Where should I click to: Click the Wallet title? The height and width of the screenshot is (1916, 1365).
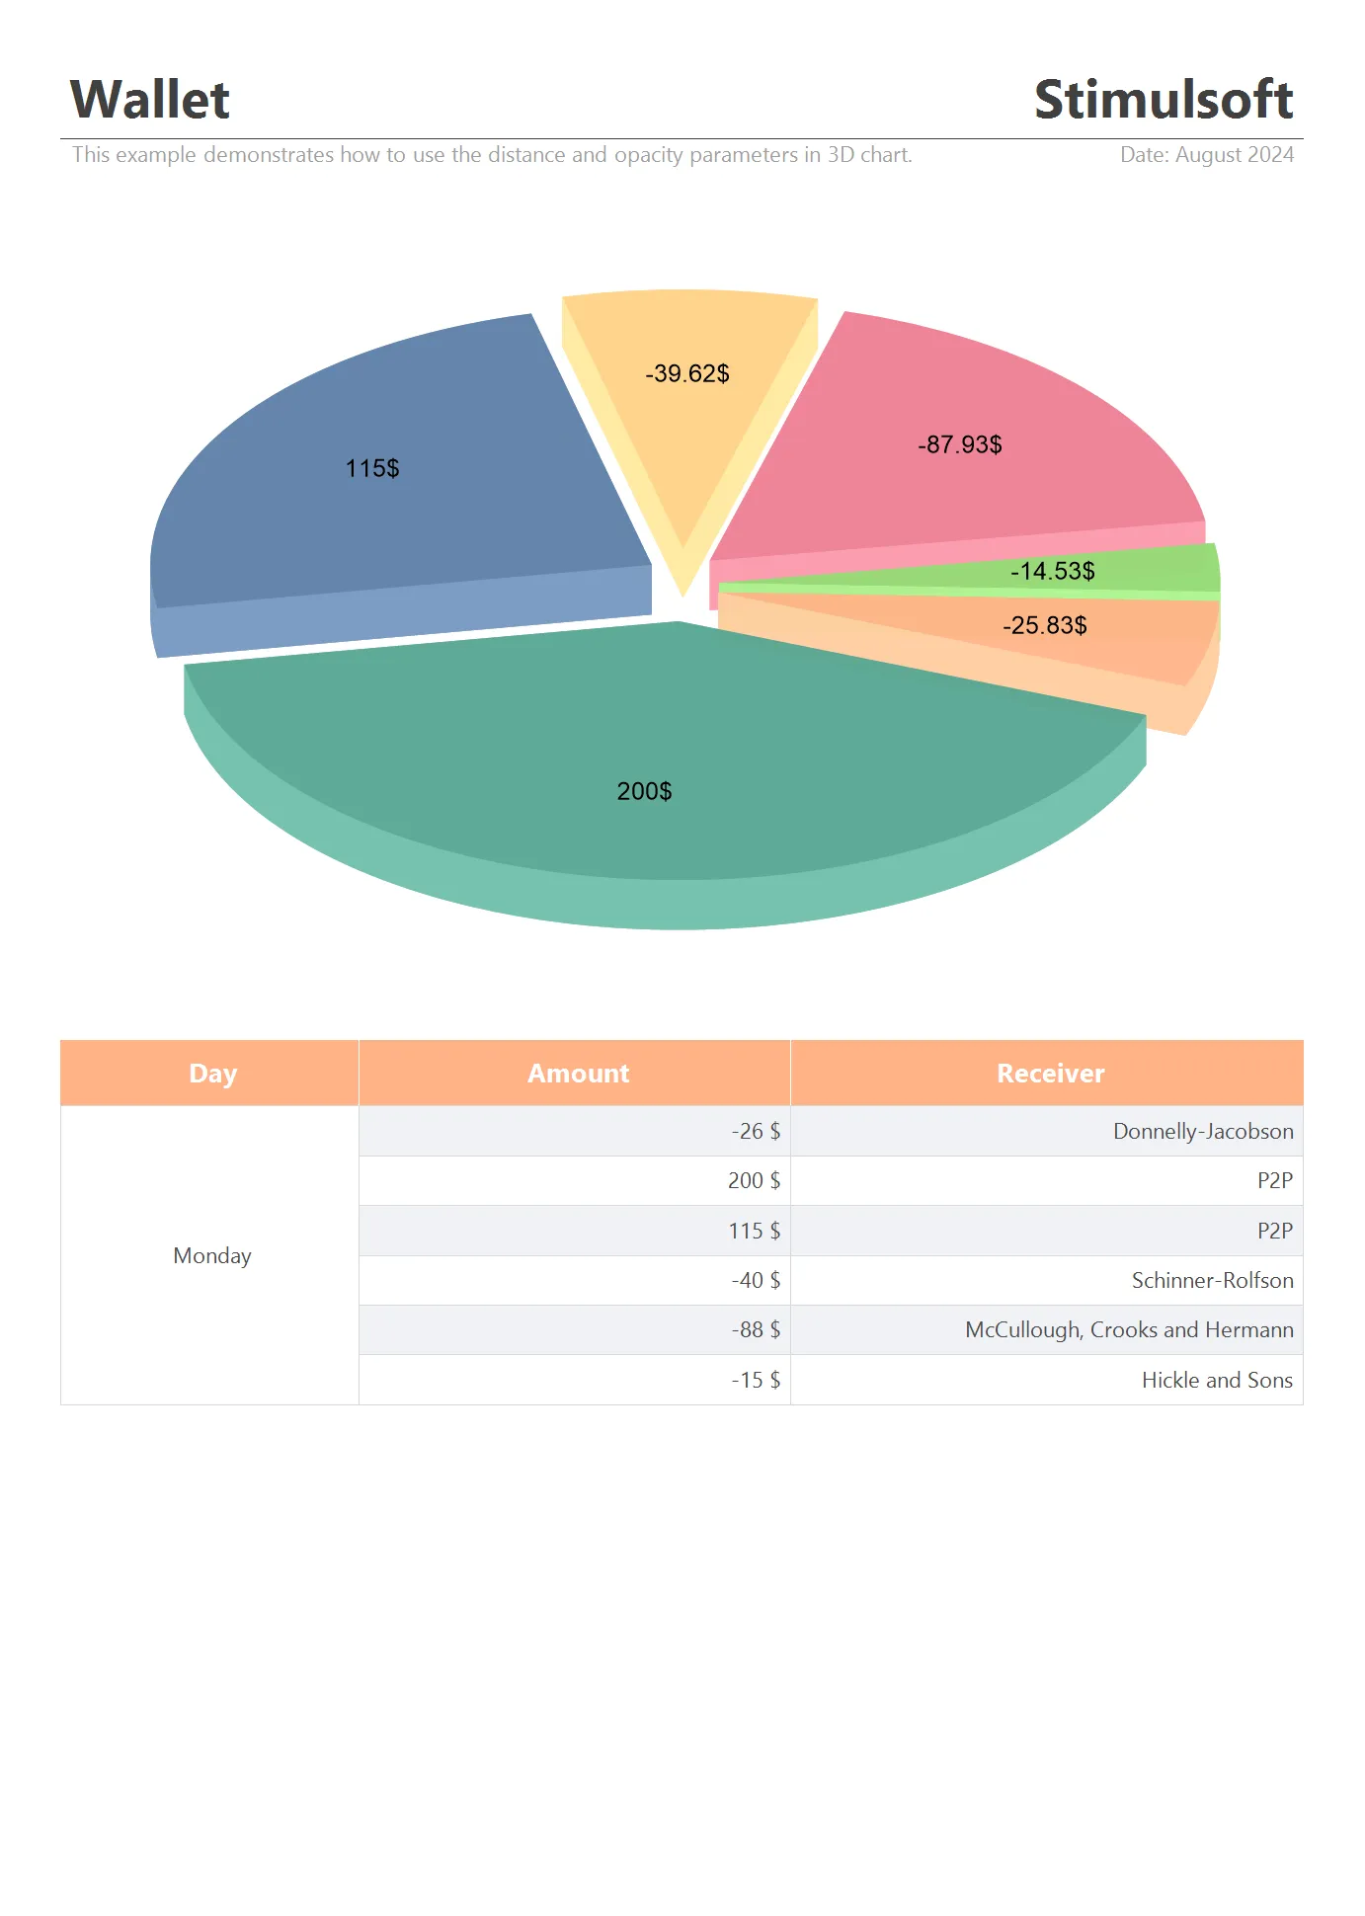click(150, 100)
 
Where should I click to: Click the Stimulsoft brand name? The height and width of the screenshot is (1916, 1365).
click(1163, 100)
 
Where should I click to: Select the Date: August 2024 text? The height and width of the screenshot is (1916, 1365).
click(1206, 155)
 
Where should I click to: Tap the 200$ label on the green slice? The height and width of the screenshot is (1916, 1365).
click(644, 791)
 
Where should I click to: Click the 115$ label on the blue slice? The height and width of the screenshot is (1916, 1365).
click(372, 468)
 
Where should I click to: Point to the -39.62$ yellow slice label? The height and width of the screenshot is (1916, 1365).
click(687, 373)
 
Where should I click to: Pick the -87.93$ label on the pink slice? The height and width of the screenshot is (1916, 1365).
click(960, 444)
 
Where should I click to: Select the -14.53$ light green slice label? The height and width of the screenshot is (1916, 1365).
click(1052, 571)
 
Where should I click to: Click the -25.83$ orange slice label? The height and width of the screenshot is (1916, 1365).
click(1044, 625)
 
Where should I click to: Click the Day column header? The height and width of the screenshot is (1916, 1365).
click(212, 1074)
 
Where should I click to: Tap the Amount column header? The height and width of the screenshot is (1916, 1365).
click(578, 1074)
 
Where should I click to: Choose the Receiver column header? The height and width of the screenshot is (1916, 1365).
click(1050, 1074)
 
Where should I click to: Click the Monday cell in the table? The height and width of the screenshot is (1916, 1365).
click(212, 1255)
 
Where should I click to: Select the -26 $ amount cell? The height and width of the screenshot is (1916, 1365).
click(756, 1131)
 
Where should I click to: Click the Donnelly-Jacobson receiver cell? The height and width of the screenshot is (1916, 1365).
click(1202, 1131)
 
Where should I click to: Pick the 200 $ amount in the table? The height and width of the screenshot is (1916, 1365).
click(754, 1180)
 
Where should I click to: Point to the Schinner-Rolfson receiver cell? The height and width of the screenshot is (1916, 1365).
click(1212, 1280)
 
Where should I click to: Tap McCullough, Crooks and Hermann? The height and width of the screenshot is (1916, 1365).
click(1129, 1329)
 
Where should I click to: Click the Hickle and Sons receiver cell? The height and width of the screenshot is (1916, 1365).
click(1217, 1380)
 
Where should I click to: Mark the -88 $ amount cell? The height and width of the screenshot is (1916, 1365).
click(756, 1329)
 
